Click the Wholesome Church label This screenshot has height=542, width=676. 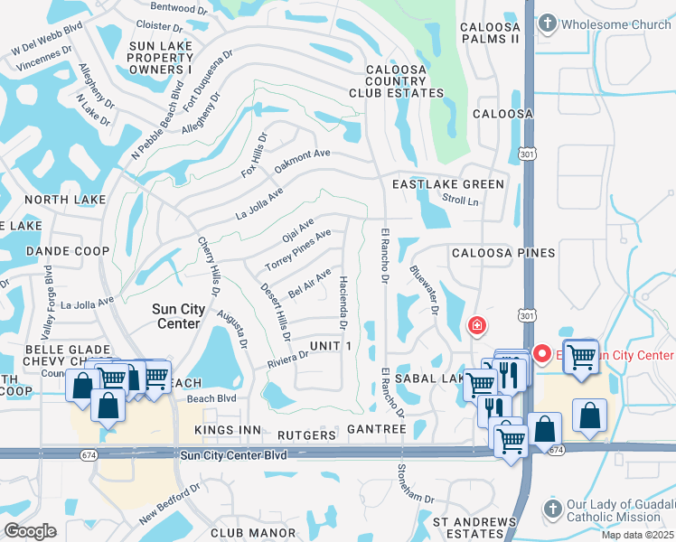614,24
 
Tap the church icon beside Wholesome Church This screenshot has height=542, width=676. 549,24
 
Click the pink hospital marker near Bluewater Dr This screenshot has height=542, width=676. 475,325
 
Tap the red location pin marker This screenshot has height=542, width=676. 542,353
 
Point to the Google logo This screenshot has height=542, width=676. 30,530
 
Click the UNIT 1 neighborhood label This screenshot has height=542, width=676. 330,347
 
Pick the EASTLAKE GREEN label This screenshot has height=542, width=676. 447,184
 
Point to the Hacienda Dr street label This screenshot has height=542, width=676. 343,299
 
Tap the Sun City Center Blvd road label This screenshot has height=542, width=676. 233,456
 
